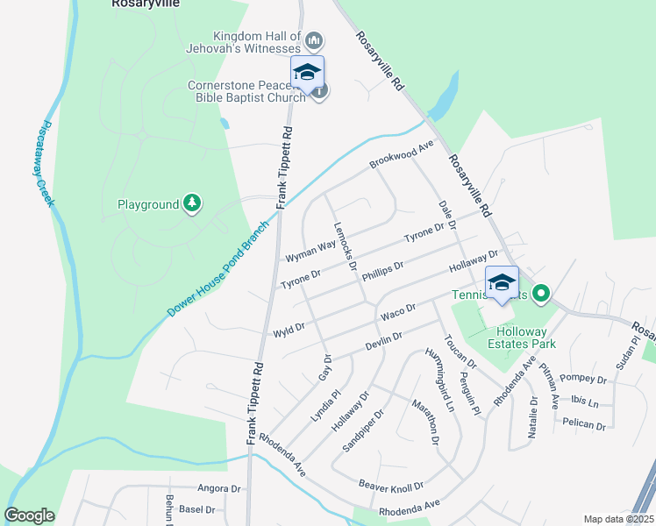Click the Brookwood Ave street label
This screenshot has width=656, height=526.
coord(402,153)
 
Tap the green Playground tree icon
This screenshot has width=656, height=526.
coord(192,204)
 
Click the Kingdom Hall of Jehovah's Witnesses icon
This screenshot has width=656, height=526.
coord(313,40)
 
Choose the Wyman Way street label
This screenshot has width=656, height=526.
coord(310,252)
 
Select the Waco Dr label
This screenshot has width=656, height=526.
coord(396,313)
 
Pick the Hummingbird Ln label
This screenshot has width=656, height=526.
coord(440,380)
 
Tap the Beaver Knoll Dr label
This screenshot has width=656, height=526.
coord(391,484)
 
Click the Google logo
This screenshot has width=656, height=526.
coord(29,515)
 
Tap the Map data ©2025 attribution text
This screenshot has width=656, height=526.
coord(617,519)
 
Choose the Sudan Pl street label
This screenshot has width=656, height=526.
coord(624,355)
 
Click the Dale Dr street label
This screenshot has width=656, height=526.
coord(446,215)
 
